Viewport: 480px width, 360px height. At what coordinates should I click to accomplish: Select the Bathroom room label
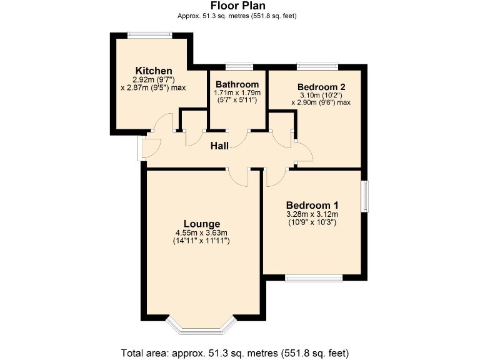pyautogui.click(x=237, y=85)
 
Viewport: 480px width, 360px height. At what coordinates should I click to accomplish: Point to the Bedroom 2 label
pyautogui.click(x=321, y=87)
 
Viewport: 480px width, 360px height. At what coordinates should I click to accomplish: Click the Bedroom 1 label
pyautogui.click(x=312, y=205)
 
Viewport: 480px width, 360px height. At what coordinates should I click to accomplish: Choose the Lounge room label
pyautogui.click(x=202, y=224)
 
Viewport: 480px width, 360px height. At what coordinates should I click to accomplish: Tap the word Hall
pyautogui.click(x=219, y=146)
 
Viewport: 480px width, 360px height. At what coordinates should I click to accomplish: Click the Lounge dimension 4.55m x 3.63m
pyautogui.click(x=202, y=233)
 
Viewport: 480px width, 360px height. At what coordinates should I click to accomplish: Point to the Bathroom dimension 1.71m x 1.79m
pyautogui.click(x=237, y=93)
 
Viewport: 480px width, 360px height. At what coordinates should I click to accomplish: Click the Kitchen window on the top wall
pyautogui.click(x=149, y=35)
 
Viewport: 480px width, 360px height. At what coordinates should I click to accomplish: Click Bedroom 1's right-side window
pyautogui.click(x=366, y=196)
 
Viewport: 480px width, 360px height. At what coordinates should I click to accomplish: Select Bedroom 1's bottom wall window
pyautogui.click(x=314, y=277)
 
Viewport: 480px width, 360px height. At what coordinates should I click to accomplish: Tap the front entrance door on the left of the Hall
pyautogui.click(x=141, y=146)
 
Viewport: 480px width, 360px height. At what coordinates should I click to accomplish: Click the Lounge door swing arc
pyautogui.click(x=238, y=178)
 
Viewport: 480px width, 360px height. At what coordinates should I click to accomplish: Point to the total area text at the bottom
pyautogui.click(x=240, y=352)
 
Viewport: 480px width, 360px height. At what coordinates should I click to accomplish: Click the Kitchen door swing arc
pyautogui.click(x=164, y=123)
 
